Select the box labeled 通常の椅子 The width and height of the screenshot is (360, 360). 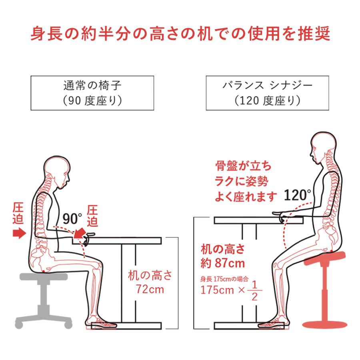[92, 93]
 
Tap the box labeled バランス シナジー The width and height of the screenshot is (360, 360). [267, 93]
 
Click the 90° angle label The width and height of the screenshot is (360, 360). [72, 218]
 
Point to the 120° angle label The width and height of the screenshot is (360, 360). [298, 195]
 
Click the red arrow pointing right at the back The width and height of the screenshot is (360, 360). [18, 233]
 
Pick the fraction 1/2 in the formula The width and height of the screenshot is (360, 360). [254, 290]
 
